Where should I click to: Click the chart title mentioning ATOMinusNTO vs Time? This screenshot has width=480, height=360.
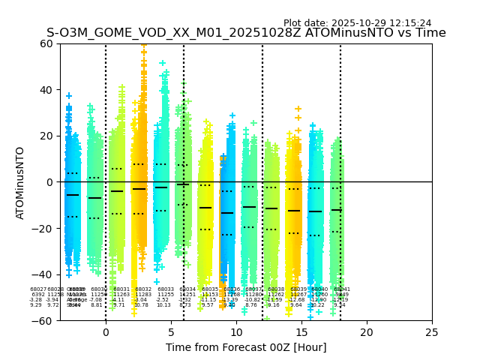pyautogui.click(x=246, y=33)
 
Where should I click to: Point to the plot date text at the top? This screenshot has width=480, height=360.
pyautogui.click(x=357, y=23)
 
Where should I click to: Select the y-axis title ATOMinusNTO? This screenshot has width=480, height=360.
pyautogui.click(x=21, y=182)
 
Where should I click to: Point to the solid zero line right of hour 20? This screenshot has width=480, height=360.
pyautogui.click(x=397, y=182)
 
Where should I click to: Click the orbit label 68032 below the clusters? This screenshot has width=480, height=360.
pyautogui.click(x=143, y=289)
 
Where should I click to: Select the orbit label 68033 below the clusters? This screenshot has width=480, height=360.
pyautogui.click(x=166, y=289)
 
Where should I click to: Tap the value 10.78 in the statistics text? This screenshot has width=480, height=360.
pyautogui.click(x=141, y=305)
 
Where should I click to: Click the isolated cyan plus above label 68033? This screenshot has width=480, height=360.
pyautogui.click(x=157, y=282)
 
